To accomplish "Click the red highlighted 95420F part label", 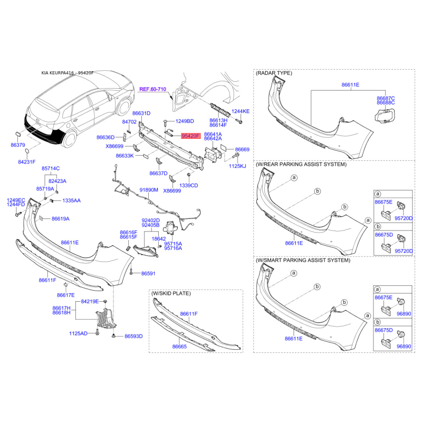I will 191,136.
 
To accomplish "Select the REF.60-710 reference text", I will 154,90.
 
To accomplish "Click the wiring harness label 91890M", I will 149,190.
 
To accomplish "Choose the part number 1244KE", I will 241,111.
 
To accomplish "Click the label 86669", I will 242,149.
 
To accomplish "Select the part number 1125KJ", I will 237,166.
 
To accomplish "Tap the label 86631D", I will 141,113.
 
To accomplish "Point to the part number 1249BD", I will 185,121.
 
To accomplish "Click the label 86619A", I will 61,218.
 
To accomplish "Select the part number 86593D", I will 133,336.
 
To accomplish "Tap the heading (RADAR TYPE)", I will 274,73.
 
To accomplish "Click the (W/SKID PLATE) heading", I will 171,293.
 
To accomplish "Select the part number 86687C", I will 386,98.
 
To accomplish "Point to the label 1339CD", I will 188,185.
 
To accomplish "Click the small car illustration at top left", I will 74,111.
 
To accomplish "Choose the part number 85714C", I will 51,168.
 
